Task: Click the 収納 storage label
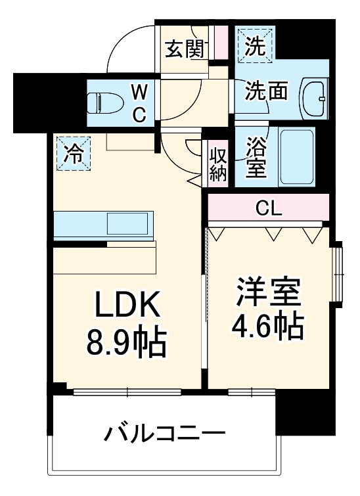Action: [218, 163]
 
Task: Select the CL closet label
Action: [269, 210]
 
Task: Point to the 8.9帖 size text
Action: [125, 340]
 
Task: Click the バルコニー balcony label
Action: [165, 434]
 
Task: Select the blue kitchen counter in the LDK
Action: [103, 226]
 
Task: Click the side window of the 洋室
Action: [338, 273]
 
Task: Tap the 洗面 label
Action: [266, 91]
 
